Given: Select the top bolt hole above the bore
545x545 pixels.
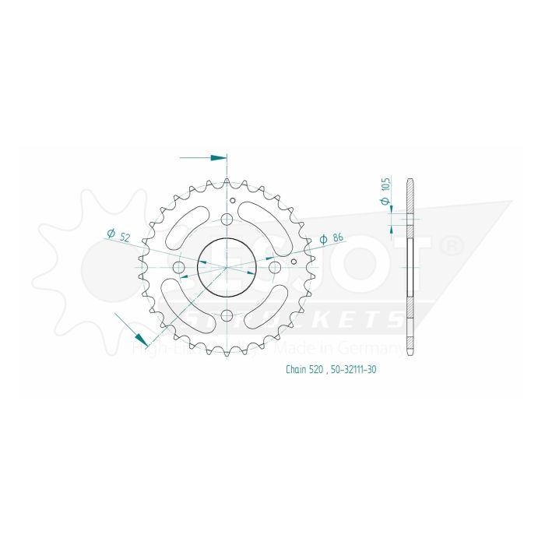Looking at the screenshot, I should coord(227,220).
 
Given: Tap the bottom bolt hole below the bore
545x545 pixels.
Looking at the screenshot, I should coord(227,315).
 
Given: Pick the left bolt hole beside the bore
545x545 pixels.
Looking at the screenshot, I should coord(178,268).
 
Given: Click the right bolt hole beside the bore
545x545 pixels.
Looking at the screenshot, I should coord(274,267).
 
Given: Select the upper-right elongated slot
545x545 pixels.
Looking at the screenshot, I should coord(263,226).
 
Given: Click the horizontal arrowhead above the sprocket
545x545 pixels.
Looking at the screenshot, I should coord(217,158).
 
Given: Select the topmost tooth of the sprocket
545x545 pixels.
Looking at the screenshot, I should coord(227,181).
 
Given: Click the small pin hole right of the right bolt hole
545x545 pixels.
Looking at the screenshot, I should coord(293,263).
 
